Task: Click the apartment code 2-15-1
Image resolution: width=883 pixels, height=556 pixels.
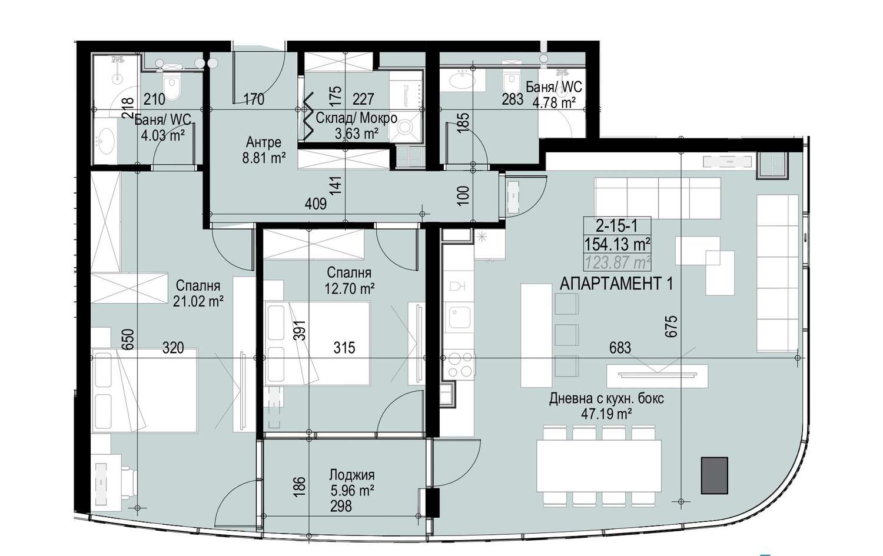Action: (x=617, y=226)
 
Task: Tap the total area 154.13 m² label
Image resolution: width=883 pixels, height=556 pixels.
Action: (x=617, y=244)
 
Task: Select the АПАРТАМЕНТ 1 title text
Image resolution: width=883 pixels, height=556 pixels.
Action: (x=616, y=284)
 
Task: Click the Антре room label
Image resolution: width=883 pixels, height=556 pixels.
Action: (x=263, y=142)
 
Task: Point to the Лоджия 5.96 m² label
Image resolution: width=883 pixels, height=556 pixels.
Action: (x=351, y=482)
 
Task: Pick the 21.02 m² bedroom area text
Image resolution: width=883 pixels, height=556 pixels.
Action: (x=198, y=301)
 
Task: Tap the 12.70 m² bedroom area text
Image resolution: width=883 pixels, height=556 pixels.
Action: (x=350, y=288)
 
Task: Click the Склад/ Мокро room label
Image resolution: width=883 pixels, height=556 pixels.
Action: (x=356, y=118)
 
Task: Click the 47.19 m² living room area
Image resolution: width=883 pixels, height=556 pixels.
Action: (x=607, y=414)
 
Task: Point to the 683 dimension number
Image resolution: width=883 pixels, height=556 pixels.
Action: (x=620, y=348)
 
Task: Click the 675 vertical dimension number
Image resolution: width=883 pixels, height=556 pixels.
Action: (x=671, y=327)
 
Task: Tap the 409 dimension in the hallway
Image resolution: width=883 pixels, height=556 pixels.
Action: (x=316, y=204)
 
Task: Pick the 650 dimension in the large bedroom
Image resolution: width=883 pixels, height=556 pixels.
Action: (x=128, y=339)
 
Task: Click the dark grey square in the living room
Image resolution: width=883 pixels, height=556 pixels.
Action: (x=714, y=475)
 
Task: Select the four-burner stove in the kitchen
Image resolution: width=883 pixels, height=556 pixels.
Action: (x=460, y=365)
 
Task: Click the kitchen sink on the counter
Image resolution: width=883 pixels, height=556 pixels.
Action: (x=460, y=317)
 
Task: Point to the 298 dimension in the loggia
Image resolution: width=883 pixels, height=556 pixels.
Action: (x=341, y=506)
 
